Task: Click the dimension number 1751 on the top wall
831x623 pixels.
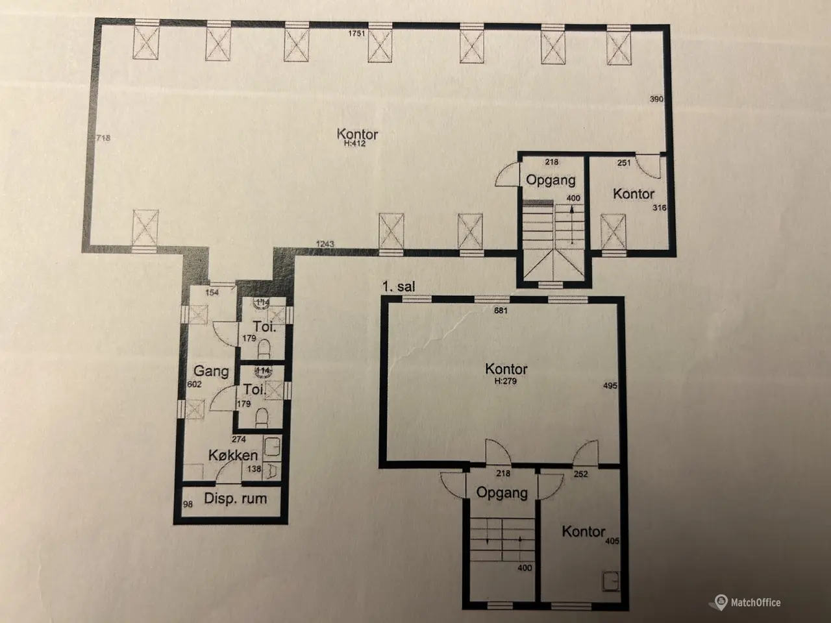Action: (356, 34)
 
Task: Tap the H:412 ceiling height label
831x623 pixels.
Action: (354, 143)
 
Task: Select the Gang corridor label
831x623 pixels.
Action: (211, 371)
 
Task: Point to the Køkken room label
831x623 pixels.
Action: (233, 455)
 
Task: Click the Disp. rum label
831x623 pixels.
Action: (235, 498)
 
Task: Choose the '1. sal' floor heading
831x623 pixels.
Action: (398, 286)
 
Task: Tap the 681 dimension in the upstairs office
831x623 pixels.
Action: (501, 311)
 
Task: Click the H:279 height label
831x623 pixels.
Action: (505, 381)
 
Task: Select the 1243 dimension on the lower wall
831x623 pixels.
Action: (325, 244)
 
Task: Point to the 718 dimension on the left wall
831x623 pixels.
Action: (103, 138)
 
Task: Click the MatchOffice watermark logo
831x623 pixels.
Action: (747, 602)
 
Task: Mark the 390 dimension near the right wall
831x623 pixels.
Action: (656, 99)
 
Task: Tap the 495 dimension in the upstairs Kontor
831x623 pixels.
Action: (610, 385)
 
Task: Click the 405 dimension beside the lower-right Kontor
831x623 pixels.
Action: (612, 541)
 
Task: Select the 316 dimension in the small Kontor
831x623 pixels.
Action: (660, 208)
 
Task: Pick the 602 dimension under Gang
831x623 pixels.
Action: (194, 384)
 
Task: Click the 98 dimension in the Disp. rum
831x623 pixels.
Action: (188, 504)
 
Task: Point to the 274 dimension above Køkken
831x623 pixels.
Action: (239, 439)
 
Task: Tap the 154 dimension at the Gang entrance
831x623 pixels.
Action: (212, 293)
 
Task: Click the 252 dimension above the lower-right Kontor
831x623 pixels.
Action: (581, 474)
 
